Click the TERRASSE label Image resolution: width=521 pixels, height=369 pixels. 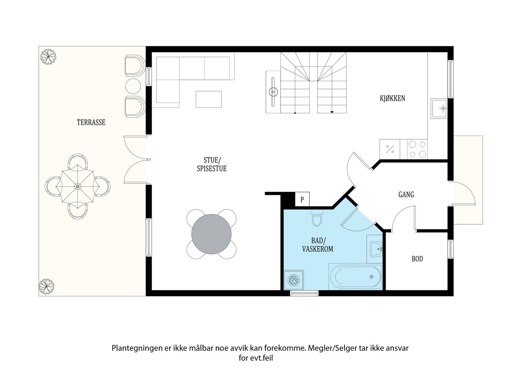coord(91,122)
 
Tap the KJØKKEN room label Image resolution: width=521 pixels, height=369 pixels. coord(392,98)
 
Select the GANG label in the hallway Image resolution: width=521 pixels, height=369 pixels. coord(406,194)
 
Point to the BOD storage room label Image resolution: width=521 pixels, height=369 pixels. coord(417,258)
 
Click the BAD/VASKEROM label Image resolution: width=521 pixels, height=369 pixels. coord(318,245)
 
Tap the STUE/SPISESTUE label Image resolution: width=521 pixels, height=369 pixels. coord(212,164)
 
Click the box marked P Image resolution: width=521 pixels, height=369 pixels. coord(302,199)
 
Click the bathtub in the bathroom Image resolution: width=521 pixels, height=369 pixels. coord(356,277)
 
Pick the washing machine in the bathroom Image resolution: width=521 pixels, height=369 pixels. coord(294,280)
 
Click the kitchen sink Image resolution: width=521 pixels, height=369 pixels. coord(439,109)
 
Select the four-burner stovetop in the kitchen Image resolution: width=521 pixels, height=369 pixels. coord(417,149)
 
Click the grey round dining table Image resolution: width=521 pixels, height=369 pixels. coord(211,234)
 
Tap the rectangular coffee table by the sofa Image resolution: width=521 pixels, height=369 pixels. coord(208,99)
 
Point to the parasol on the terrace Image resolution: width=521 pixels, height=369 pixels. coord(77,187)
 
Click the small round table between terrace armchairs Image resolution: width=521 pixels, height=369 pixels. coord(133,86)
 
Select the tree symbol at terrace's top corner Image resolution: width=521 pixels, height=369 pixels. coord(48,57)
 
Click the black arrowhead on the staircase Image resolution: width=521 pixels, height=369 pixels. coord(332,112)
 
